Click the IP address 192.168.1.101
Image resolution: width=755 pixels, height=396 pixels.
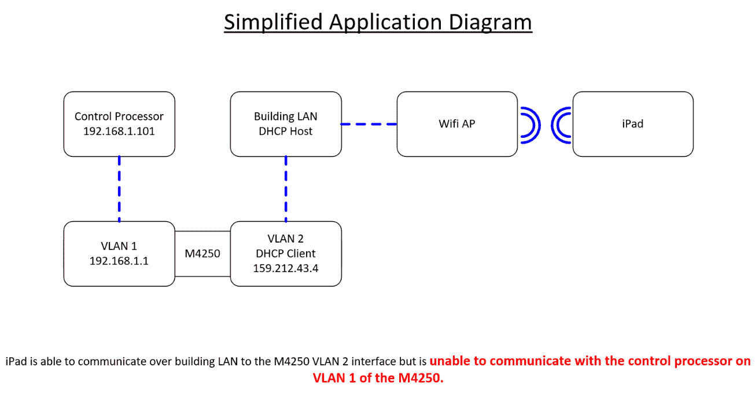pyautogui.click(x=119, y=131)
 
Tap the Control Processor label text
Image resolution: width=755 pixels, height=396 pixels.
pyautogui.click(x=119, y=116)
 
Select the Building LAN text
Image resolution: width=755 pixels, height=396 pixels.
pyautogui.click(x=286, y=116)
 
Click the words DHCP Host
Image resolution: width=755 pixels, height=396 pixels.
pyautogui.click(x=286, y=131)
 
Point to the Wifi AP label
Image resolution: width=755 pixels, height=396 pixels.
pyautogui.click(x=457, y=124)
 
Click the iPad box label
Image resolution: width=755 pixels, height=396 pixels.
pyautogui.click(x=632, y=124)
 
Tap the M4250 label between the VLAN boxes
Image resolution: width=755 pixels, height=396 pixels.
pyautogui.click(x=202, y=254)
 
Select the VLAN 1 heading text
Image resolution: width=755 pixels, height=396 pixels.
pyautogui.click(x=119, y=246)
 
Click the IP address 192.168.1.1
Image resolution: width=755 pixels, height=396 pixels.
pyautogui.click(x=119, y=261)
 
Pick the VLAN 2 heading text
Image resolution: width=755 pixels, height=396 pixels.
pyautogui.click(x=286, y=239)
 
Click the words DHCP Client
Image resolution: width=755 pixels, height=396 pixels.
pyautogui.click(x=286, y=254)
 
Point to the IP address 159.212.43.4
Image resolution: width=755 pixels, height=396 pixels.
pyautogui.click(x=286, y=269)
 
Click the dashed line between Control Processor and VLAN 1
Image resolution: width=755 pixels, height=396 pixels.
pyautogui.click(x=119, y=189)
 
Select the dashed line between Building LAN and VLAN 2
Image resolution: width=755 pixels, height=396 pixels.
pyautogui.click(x=286, y=189)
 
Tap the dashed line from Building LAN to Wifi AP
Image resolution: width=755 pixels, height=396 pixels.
pyautogui.click(x=369, y=124)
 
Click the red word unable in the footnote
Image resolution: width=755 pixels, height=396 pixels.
pyautogui.click(x=449, y=361)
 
